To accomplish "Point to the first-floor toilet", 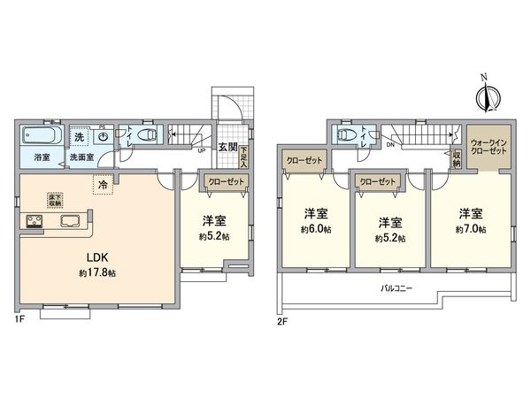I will [147, 136].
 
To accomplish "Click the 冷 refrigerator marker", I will [103, 186].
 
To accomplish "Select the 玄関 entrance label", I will [227, 149].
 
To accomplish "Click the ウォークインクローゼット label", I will [489, 146].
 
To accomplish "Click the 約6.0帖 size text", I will [316, 230].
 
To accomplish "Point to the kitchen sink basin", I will [71, 221].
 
